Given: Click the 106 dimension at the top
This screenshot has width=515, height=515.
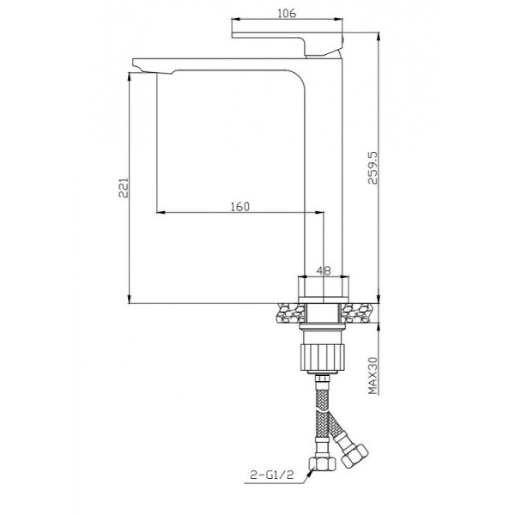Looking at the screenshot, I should (x=288, y=14).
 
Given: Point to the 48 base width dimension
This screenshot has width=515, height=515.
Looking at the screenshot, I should (x=324, y=270).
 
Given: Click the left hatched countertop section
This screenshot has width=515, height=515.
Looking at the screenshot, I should (x=288, y=315).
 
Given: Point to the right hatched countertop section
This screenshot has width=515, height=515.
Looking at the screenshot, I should (x=360, y=315).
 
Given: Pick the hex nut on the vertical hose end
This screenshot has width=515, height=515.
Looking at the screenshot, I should (x=324, y=464).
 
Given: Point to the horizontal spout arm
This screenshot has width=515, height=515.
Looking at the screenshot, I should (x=223, y=67).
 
